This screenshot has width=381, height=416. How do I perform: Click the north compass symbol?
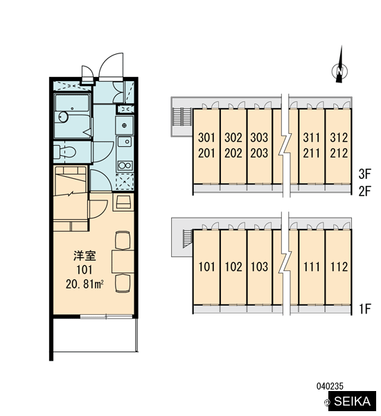339,70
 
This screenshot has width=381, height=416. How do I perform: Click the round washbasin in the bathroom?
63,116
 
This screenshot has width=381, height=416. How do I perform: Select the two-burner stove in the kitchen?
125,166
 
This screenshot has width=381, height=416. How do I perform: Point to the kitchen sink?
125,141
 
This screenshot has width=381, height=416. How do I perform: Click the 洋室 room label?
85,256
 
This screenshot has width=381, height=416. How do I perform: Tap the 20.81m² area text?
85,284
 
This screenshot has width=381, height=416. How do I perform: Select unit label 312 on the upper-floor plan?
339,137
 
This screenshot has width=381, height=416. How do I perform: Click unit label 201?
207,153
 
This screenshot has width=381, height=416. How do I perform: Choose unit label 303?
259,137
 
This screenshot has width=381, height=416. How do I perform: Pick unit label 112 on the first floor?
339,267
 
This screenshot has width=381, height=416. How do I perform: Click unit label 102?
233,267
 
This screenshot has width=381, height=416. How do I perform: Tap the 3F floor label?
364,174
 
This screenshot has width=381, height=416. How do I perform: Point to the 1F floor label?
365,309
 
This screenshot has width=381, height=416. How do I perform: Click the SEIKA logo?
352,401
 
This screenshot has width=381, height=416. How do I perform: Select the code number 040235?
330,386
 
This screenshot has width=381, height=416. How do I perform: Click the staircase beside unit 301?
182,117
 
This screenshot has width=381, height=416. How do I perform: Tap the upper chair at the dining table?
123,241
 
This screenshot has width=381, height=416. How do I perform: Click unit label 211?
312,153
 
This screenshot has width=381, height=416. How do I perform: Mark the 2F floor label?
364,191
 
